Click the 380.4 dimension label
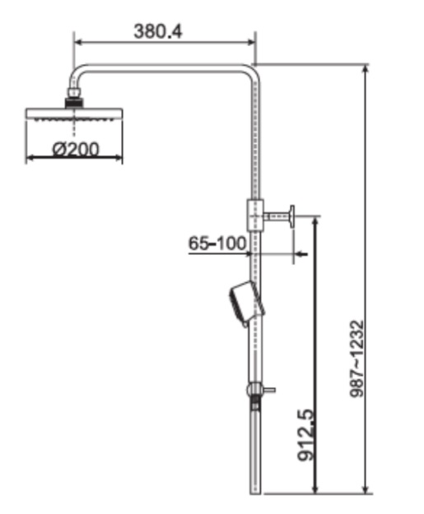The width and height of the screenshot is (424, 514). (x=158, y=31)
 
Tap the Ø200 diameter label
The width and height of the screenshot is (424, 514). (x=75, y=149)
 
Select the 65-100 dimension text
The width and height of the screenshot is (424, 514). (x=217, y=243)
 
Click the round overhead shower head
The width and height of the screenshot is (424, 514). (x=74, y=114)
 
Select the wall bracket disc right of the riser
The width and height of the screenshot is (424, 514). (x=291, y=217)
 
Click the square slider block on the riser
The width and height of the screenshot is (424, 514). (x=255, y=215)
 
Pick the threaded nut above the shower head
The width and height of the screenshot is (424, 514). (x=75, y=102)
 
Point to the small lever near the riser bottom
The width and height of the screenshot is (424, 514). (x=268, y=388)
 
